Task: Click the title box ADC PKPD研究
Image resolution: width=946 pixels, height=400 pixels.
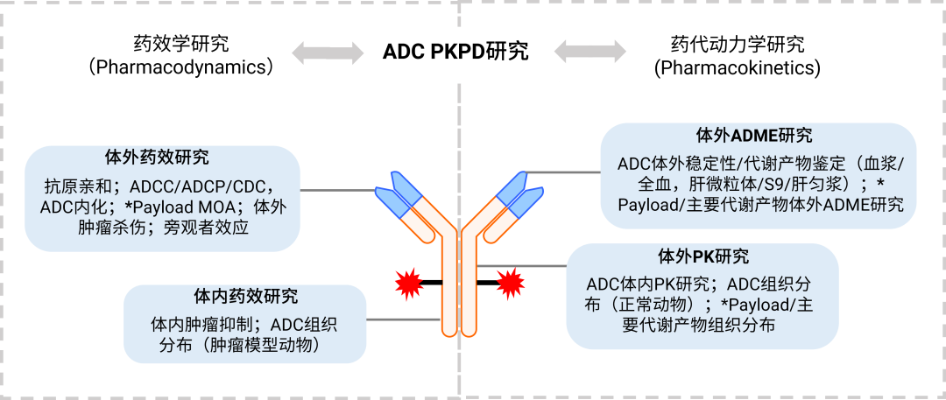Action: pyautogui.click(x=455, y=52)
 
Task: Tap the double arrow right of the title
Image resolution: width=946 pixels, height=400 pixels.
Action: pyautogui.click(x=589, y=51)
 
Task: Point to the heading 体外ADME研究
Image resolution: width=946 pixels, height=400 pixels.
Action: pyautogui.click(x=753, y=136)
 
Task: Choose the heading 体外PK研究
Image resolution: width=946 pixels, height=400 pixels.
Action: pyautogui.click(x=702, y=256)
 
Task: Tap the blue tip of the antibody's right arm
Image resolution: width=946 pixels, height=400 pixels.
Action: pyautogui.click(x=518, y=193)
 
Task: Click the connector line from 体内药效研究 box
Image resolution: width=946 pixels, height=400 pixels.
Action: pyautogui.click(x=403, y=319)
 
